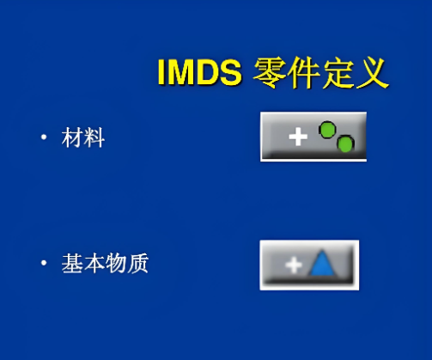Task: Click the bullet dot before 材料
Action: (x=42, y=138)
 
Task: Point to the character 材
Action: (x=72, y=137)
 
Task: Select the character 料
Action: (x=94, y=137)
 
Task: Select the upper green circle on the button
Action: (x=327, y=130)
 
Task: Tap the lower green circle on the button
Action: (x=344, y=143)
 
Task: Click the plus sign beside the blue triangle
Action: (x=294, y=265)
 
